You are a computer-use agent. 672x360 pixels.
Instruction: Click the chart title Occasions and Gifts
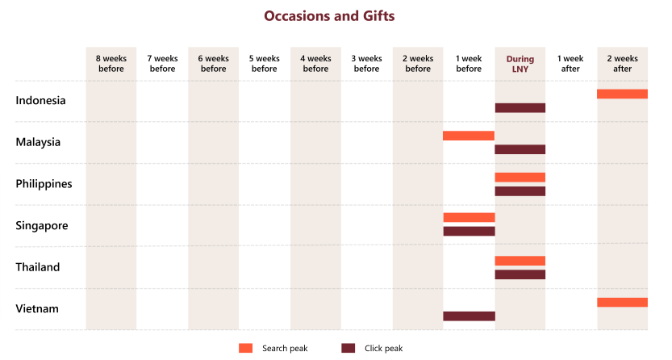[x=329, y=15]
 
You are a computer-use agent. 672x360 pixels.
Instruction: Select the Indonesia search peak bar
[x=622, y=94]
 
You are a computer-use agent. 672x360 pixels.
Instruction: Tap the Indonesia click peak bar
[x=520, y=108]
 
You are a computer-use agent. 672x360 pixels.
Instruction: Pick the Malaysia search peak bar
[x=469, y=136]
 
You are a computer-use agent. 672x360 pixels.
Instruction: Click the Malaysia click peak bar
[x=520, y=149]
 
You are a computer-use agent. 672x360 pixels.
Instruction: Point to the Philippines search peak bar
[x=520, y=178]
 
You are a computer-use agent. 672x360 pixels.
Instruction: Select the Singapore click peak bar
[x=469, y=232]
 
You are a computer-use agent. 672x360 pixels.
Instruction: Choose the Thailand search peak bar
[x=520, y=261]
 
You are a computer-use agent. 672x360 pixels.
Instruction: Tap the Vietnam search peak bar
[x=622, y=303]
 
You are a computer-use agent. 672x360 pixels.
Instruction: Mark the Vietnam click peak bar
[x=469, y=316]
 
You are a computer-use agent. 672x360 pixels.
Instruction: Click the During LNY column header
[x=520, y=64]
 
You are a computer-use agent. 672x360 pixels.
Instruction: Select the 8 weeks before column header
[x=111, y=64]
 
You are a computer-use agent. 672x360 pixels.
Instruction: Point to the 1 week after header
[x=570, y=64]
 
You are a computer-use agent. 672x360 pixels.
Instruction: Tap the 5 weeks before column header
[x=264, y=64]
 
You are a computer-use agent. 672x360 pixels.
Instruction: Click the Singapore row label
[x=42, y=225]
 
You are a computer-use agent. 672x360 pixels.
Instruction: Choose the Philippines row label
[x=44, y=184]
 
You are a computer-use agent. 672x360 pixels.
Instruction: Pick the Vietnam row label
[x=37, y=309]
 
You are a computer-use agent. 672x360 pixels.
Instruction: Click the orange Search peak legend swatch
[x=246, y=348]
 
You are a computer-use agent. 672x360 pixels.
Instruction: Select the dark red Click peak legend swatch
[x=349, y=348]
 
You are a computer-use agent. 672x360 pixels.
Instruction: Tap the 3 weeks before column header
[x=366, y=64]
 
